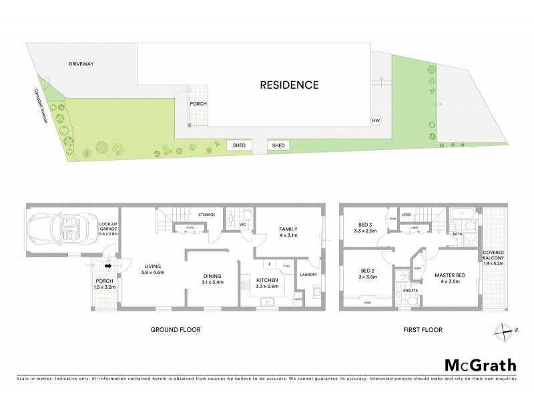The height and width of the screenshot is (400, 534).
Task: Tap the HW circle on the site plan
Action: pyautogui.click(x=376, y=121)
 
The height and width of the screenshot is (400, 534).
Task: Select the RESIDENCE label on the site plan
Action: pyautogui.click(x=289, y=85)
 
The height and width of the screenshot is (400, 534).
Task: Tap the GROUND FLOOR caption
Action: pyautogui.click(x=176, y=329)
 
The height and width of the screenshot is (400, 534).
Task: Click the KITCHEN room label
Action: pyautogui.click(x=268, y=283)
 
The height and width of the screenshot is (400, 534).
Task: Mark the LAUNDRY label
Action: pyautogui.click(x=308, y=274)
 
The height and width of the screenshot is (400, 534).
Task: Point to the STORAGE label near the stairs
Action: pyautogui.click(x=206, y=215)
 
